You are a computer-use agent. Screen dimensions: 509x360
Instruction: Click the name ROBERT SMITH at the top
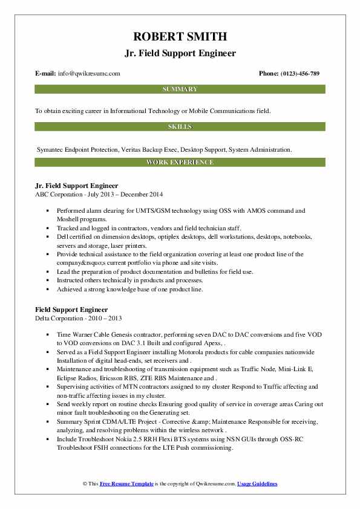pyautogui.click(x=180, y=37)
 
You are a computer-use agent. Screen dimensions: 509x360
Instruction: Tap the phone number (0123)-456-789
pyautogui.click(x=298, y=74)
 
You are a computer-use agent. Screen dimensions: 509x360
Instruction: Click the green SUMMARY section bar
pyautogui.click(x=180, y=89)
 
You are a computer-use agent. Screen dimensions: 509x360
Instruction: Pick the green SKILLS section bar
pyautogui.click(x=180, y=127)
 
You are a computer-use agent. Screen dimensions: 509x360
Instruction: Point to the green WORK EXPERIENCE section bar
pyautogui.click(x=180, y=163)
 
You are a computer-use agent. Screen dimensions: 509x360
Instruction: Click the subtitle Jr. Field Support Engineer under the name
pyautogui.click(x=180, y=53)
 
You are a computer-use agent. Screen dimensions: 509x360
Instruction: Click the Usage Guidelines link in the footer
pyautogui.click(x=257, y=484)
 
